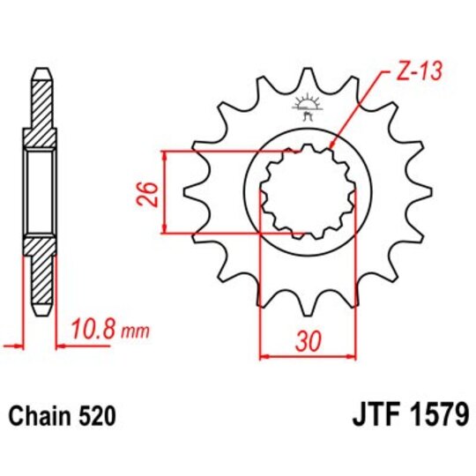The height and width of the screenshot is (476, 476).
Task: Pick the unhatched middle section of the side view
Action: [x=41, y=191]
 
